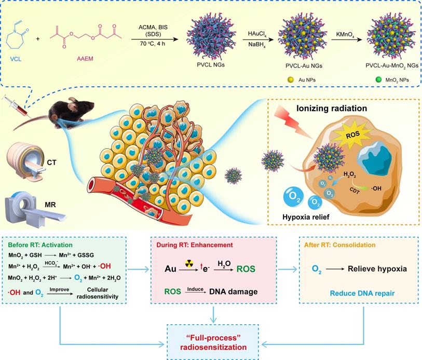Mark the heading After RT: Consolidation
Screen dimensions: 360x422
point(347,244)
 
